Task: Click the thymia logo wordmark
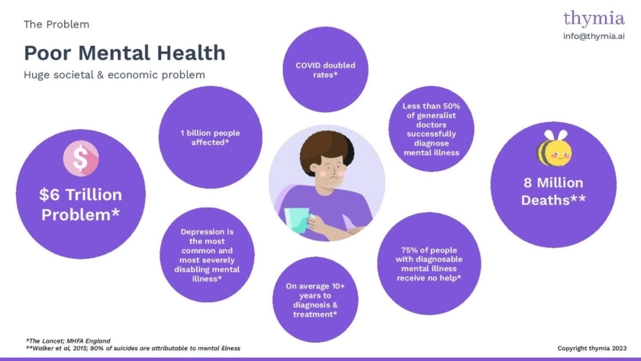point(594,19)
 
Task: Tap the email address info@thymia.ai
point(594,36)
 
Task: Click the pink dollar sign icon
point(81,158)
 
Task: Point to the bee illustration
point(554,148)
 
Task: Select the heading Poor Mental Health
point(124,53)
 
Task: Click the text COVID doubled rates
point(325,70)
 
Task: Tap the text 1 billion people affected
point(210,137)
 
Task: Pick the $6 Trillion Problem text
point(81,205)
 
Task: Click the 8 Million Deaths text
point(553,192)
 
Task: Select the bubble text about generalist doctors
point(431,129)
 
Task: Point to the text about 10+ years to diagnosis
point(315,300)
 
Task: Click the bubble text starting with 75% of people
point(429,264)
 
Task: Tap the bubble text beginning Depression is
point(207,255)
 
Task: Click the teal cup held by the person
point(297,220)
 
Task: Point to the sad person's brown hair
point(327,150)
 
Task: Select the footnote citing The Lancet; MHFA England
point(68,340)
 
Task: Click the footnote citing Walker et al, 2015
point(133,348)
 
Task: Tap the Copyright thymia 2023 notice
point(591,348)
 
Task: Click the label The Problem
point(56,24)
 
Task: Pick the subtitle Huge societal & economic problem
point(114,75)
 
